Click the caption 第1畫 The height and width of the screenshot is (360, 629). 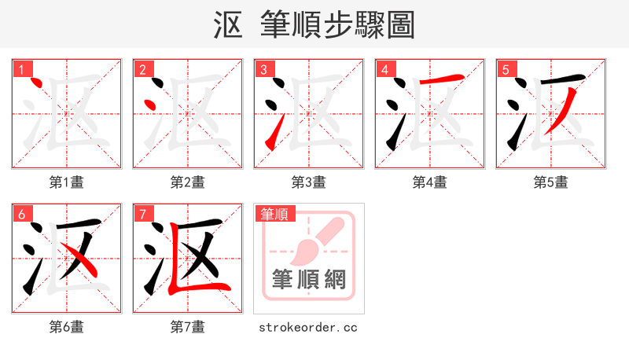[x=67, y=182]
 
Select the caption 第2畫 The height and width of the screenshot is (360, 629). [x=188, y=182]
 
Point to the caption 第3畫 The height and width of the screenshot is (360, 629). [x=309, y=182]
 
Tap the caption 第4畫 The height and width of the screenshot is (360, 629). [x=430, y=182]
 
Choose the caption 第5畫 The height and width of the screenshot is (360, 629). [x=551, y=182]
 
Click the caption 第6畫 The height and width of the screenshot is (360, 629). [x=67, y=326]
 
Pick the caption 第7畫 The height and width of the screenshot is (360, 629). [x=188, y=326]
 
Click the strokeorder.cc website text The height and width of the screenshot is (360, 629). [x=308, y=326]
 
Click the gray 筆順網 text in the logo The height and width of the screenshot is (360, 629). [x=308, y=280]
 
